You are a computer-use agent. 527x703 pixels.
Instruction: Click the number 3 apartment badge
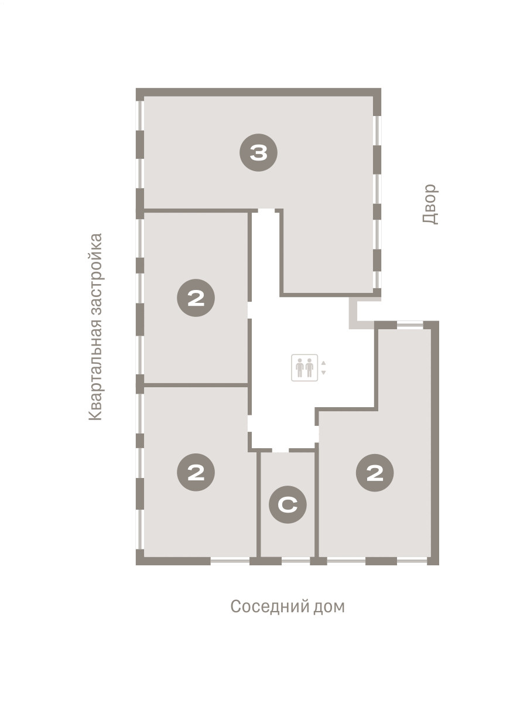pos(258,152)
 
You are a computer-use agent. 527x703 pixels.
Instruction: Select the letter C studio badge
pos(288,504)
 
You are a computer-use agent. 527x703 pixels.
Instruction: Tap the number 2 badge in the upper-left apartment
pos(196,298)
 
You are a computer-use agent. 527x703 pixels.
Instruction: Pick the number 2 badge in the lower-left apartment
pos(196,472)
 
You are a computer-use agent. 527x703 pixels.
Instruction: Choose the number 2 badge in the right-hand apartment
pos(375,472)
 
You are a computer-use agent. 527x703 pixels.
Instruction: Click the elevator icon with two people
pos(304,368)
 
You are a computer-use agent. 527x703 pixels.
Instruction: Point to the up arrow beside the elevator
pos(323,363)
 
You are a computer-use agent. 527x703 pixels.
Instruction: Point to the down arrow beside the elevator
pos(323,373)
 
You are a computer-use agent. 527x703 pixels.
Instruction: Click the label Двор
pos(430,204)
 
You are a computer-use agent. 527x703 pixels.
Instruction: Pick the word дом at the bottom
pos(329,606)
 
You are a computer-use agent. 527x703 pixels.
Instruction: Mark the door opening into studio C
pos(280,451)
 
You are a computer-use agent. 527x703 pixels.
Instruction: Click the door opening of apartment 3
pos(266,211)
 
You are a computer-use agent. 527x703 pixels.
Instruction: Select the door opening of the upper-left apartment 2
pos(249,310)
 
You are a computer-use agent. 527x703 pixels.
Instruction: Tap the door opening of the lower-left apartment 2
pos(249,423)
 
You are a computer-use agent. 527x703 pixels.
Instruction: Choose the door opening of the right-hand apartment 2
pos(317,434)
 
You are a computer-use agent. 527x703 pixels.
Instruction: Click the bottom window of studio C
pos(296,561)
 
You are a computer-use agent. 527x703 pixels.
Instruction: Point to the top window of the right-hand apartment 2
pos(410,325)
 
